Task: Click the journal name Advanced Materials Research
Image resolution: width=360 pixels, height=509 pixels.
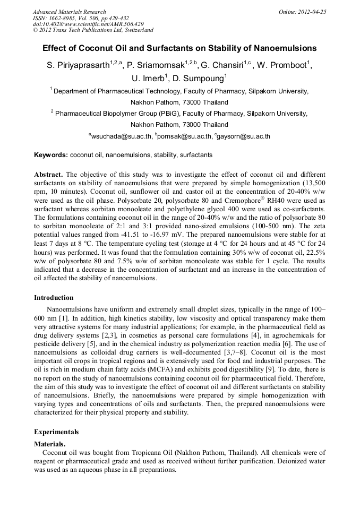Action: point(69,12)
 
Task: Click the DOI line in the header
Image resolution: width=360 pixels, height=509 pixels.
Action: point(88,24)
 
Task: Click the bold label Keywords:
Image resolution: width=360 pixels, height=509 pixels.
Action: point(51,155)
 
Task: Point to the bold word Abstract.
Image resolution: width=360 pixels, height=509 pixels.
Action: point(48,175)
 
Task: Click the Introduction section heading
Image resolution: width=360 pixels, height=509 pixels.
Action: point(54,298)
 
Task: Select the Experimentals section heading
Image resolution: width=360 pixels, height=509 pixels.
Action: point(56,432)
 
